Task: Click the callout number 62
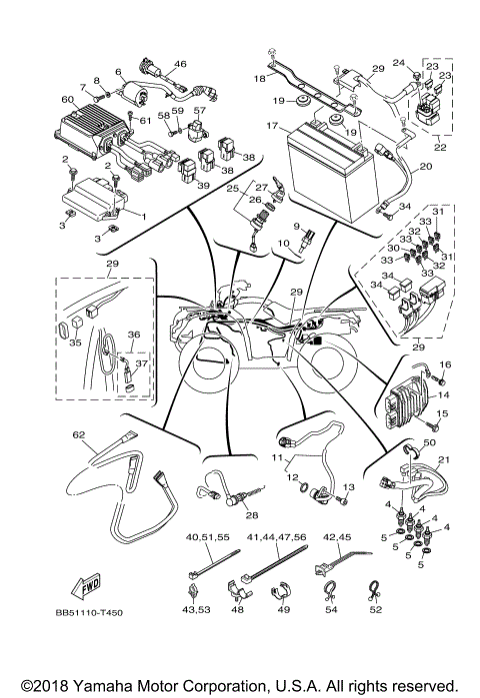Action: pos(78,435)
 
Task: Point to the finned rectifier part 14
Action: pos(404,408)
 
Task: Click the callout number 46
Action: pos(180,64)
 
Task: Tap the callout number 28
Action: pos(251,515)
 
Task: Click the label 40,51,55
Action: pos(208,536)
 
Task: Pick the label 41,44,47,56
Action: pos(273,536)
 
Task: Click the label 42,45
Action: pos(336,536)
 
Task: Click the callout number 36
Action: pos(133,336)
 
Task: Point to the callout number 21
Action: pos(443,458)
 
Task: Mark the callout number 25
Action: pos(231,188)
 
